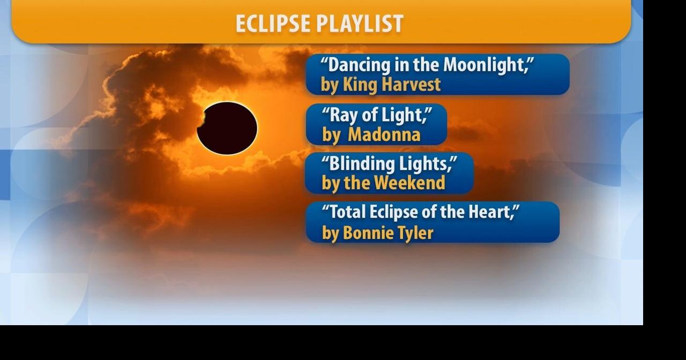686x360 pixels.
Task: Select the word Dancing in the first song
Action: tap(359, 65)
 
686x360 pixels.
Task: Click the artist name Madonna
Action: tap(384, 134)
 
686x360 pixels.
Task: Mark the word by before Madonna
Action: tap(331, 135)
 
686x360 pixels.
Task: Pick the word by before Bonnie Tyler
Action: tap(330, 234)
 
